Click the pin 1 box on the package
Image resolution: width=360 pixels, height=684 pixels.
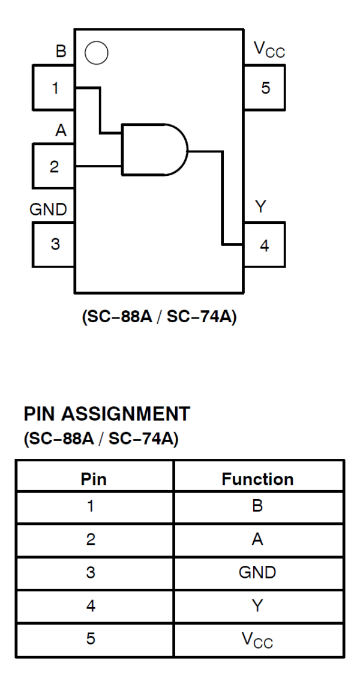[x=53, y=88]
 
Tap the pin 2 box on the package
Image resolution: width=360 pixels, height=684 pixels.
[x=53, y=166]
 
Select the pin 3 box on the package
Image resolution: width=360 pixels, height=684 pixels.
[x=53, y=244]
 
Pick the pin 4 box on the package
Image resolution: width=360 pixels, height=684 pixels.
[x=264, y=245]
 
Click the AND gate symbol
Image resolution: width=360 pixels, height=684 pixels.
[x=154, y=149]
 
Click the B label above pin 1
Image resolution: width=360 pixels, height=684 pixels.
[x=61, y=52]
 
